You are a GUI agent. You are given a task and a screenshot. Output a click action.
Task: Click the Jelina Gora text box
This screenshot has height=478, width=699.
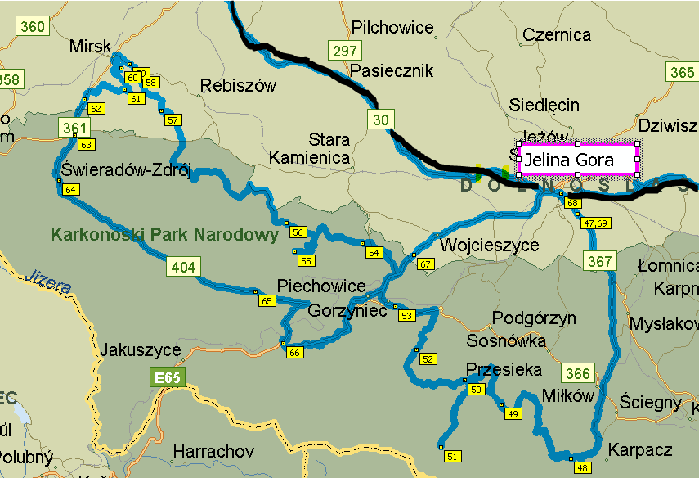tap(578, 160)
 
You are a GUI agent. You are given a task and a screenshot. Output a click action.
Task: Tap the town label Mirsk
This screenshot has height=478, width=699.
tap(90, 46)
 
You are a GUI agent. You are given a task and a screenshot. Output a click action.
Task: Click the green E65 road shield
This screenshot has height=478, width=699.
tap(168, 377)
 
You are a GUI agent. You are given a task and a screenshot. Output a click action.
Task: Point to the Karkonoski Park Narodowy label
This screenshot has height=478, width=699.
tap(164, 235)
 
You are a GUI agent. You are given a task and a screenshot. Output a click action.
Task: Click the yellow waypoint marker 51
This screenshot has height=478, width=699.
tap(452, 456)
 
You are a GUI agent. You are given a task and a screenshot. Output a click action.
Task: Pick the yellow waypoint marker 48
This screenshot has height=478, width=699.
tap(582, 467)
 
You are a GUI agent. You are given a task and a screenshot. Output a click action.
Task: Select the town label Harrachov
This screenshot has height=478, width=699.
tap(213, 451)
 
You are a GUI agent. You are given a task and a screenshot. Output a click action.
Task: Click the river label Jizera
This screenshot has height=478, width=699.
tap(47, 281)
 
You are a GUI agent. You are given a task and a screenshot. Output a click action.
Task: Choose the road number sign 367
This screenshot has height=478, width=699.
tap(599, 261)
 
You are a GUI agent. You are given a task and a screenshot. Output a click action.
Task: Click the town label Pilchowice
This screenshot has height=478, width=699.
tap(392, 28)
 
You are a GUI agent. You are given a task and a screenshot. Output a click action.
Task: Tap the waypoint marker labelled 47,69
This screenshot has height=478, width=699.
tap(596, 223)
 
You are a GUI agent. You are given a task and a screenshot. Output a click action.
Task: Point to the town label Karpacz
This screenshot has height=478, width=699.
tap(640, 450)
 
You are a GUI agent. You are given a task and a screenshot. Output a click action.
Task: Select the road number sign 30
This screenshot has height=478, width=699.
tap(381, 120)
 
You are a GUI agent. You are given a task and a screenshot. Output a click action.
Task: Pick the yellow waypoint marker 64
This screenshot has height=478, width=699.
tap(71, 189)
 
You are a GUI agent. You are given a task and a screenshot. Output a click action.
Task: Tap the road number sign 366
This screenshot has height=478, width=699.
tap(577, 373)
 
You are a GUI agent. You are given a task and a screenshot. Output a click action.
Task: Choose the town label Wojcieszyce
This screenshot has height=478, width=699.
tap(490, 245)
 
